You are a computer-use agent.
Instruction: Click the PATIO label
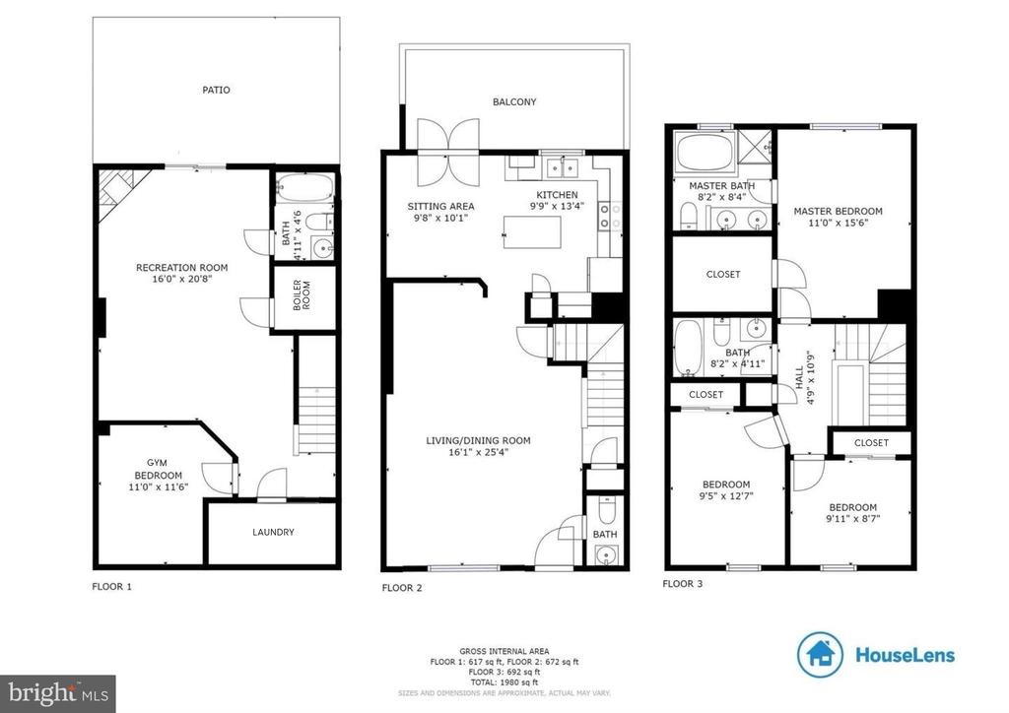click(216, 90)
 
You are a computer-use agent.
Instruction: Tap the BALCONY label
click(514, 101)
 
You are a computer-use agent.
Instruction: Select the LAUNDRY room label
click(273, 532)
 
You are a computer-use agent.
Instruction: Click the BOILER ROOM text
click(302, 295)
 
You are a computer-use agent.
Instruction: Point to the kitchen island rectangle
click(532, 232)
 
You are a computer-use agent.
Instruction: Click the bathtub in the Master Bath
click(705, 153)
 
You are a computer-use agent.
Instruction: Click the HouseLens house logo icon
click(820, 655)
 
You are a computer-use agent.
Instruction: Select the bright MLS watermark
click(58, 693)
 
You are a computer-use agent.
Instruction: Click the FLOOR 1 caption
click(112, 586)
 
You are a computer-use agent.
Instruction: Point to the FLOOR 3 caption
click(683, 584)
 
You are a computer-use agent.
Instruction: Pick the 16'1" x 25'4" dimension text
click(479, 452)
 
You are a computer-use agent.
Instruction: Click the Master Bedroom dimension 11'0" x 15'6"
click(838, 223)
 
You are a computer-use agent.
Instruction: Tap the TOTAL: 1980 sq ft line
click(504, 682)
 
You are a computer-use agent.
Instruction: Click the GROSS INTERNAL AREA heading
click(504, 651)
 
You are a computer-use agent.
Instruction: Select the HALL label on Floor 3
click(799, 377)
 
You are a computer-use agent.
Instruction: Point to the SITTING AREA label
click(440, 207)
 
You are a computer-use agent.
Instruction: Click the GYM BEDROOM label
click(158, 469)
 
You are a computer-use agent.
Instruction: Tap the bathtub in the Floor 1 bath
click(305, 187)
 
